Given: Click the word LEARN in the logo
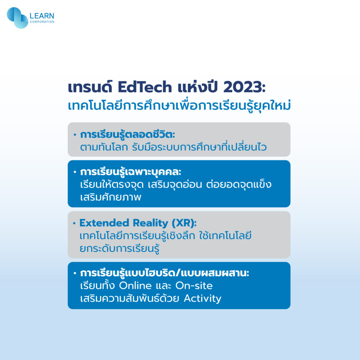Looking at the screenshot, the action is tap(42, 16).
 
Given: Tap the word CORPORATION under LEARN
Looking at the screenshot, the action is tap(42, 22).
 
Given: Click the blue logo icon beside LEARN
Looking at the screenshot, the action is tap(18, 18).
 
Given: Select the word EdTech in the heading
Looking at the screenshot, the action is tap(145, 87).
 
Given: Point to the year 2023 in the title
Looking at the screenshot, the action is tap(244, 87).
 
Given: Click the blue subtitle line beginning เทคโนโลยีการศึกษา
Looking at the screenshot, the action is tap(179, 105).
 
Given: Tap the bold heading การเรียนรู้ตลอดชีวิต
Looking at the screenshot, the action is tap(127, 135).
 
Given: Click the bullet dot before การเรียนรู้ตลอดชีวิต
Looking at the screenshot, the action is tap(75, 135).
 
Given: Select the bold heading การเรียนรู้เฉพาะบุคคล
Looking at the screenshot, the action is tap(131, 172).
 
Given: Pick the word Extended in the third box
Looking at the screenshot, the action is tap(104, 223).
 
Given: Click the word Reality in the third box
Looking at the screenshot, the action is tap(150, 223).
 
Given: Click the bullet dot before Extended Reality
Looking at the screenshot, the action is tap(74, 223).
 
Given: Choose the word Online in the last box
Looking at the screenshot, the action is tap(135, 285).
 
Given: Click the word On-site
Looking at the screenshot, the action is tap(194, 285).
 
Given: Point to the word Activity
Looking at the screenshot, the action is tap(202, 298).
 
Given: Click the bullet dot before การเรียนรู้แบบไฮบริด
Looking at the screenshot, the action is tap(75, 273).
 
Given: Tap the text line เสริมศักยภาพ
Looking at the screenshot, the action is tap(111, 197).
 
